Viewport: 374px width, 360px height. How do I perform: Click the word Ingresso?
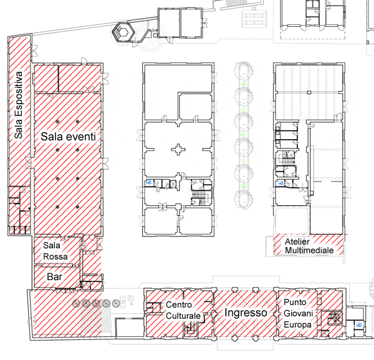click(x=246, y=313)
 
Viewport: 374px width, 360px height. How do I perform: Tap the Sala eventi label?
click(x=68, y=137)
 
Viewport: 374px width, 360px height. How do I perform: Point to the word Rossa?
click(x=55, y=256)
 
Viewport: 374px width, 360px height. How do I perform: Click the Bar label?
click(x=55, y=277)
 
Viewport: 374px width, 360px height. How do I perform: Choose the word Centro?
click(x=179, y=304)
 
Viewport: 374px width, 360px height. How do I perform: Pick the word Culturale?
click(x=183, y=316)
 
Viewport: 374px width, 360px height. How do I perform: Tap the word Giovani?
click(x=299, y=313)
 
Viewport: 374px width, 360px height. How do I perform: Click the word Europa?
click(x=298, y=324)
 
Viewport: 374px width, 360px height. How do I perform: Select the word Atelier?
click(x=297, y=241)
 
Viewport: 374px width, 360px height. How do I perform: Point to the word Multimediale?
click(x=309, y=250)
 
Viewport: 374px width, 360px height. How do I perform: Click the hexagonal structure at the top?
click(x=123, y=32)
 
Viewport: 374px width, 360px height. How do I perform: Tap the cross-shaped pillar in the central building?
click(x=178, y=150)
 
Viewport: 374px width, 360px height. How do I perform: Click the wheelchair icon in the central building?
click(x=149, y=183)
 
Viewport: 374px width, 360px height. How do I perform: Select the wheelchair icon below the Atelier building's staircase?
click(x=281, y=183)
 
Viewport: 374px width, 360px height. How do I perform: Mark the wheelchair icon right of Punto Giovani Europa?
click(x=359, y=325)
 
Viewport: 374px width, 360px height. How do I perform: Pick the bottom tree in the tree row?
click(x=243, y=199)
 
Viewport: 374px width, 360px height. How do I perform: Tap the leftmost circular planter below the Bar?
click(x=77, y=303)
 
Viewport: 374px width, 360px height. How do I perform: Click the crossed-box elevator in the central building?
click(x=173, y=184)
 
